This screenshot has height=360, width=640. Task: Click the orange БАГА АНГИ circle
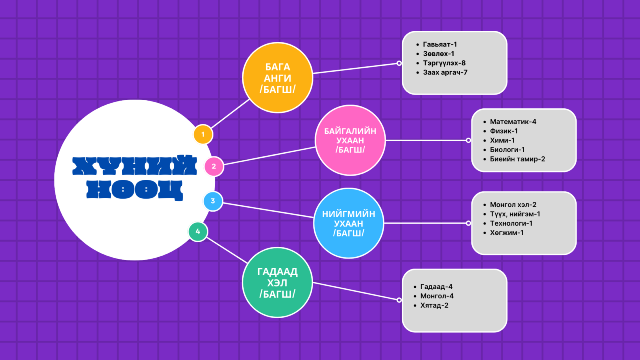pos(278,78)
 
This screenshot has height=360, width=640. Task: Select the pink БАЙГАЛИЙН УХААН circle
pos(350,140)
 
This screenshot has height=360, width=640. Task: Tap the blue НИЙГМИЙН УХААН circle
pos(348,223)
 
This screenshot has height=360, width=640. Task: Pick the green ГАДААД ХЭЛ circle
pos(277,282)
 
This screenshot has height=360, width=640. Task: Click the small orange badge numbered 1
pos(203,134)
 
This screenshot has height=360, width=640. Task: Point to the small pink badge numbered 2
pos(214,166)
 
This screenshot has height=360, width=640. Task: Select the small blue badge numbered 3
pos(213,201)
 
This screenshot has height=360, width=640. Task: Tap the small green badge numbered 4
pos(198,231)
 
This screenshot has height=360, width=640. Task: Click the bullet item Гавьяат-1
pos(440,44)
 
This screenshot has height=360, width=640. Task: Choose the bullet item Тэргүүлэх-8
pos(444,63)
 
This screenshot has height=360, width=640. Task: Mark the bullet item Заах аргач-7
pos(445,72)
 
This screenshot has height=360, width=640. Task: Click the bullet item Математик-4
pos(513,122)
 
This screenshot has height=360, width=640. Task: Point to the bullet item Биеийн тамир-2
pos(517,159)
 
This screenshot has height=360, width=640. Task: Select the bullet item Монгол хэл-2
pos(513,204)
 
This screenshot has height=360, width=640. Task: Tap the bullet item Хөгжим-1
pos(506,232)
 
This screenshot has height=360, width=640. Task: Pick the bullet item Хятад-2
pos(434,305)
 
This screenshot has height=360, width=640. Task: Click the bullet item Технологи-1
pos(511,223)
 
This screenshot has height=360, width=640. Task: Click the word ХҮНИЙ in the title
pos(134,165)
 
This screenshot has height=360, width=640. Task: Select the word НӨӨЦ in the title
pos(134,190)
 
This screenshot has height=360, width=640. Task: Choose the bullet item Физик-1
pos(504,131)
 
